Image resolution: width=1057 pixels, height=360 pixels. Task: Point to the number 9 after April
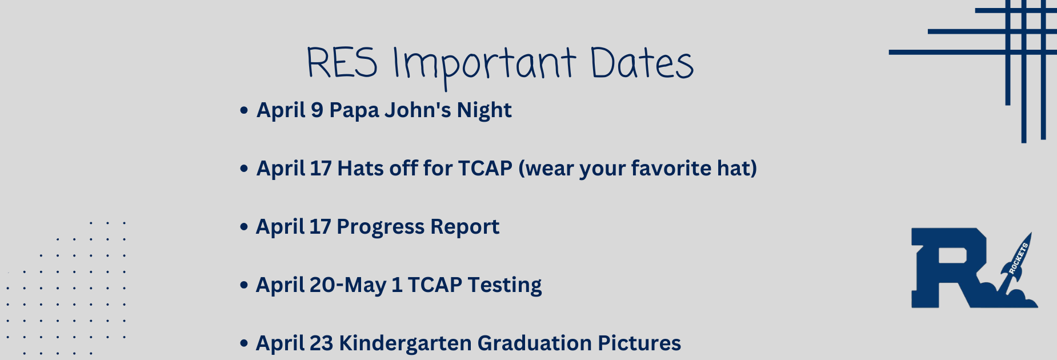coord(317,110)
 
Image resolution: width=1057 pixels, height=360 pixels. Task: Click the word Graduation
coord(534,343)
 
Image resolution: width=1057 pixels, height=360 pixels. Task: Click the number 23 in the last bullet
coord(321,343)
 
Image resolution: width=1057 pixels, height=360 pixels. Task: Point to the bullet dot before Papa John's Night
coord(244,110)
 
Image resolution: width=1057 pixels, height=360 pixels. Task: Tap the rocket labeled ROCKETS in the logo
coord(1015,260)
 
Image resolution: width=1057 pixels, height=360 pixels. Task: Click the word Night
coord(484,110)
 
